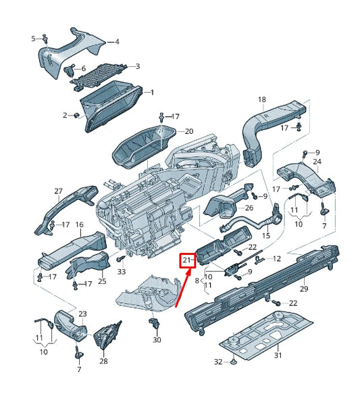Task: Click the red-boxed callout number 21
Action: [186, 260]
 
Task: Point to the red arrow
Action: [183, 287]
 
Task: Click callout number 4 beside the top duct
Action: [117, 41]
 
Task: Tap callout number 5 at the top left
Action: [34, 39]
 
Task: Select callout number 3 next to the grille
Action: [138, 66]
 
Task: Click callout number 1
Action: [152, 93]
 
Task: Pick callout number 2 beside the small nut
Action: [65, 116]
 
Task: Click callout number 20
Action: [189, 131]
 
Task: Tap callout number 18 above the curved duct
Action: [262, 99]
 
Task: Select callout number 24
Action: [317, 162]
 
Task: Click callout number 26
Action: [249, 208]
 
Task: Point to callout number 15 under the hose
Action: [266, 235]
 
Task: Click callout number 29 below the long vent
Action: [304, 289]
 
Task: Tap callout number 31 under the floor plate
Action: [278, 355]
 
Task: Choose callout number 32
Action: [218, 362]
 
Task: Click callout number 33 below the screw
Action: [122, 271]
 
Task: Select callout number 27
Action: [59, 191]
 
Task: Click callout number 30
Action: [157, 340]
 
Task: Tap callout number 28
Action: [103, 361]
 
